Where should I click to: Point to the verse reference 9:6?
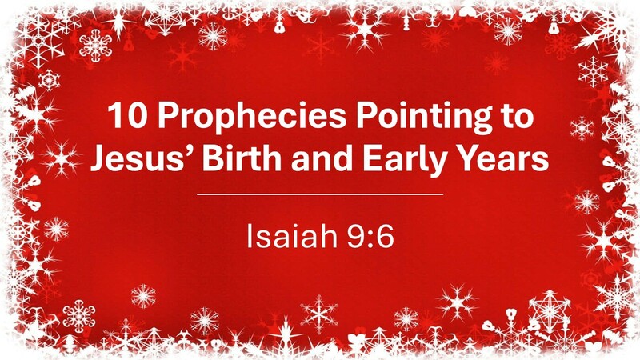[x=363, y=236]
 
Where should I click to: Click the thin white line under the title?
[x=319, y=194]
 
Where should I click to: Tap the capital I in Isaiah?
[x=250, y=236]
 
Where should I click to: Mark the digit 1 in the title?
[x=113, y=118]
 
